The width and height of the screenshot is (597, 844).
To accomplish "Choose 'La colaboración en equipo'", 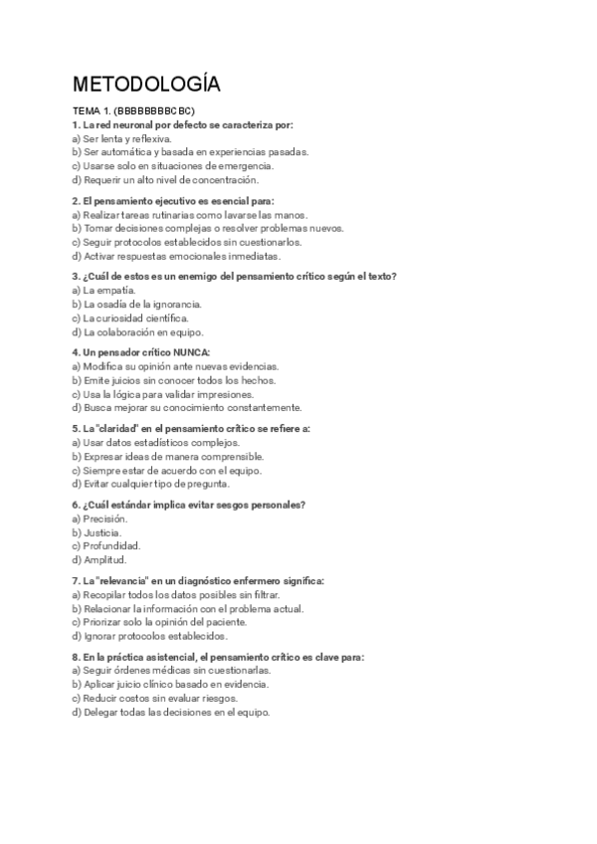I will point(137,331).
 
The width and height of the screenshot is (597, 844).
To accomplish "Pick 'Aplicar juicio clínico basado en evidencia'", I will point(170,685).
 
